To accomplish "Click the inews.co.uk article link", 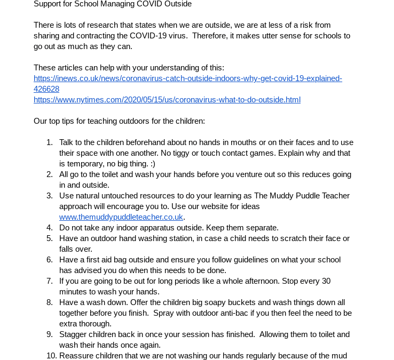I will (187, 78).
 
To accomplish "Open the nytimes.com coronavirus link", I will (167, 100).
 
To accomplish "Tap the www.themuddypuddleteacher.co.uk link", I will (121, 217).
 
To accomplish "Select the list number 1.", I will (49, 142).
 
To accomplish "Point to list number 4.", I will (49, 228).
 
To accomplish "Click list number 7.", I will (49, 281).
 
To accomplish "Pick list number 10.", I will (51, 356).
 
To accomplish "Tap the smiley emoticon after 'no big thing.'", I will (152, 164).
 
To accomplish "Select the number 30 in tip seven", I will (326, 281).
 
